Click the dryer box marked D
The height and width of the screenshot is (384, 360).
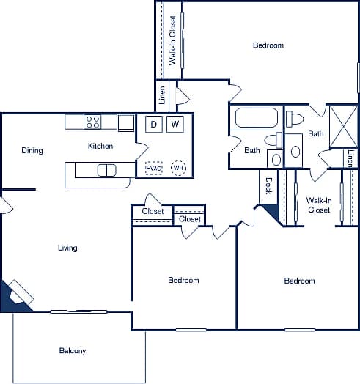(154, 124)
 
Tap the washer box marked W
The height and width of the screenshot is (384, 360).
(175, 124)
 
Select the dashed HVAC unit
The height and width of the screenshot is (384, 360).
(153, 168)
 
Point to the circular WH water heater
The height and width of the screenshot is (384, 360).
(177, 168)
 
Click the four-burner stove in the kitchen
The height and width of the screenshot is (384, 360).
(92, 122)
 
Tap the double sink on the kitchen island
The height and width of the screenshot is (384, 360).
(106, 171)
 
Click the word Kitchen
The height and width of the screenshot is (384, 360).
(100, 146)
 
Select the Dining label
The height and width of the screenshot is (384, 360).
(32, 151)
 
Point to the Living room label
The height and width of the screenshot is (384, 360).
(67, 248)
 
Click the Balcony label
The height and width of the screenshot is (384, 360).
(73, 351)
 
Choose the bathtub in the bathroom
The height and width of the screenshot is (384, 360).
(254, 118)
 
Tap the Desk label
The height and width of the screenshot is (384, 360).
(268, 187)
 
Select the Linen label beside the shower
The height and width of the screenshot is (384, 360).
(350, 158)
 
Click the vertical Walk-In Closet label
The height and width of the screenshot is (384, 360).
(173, 40)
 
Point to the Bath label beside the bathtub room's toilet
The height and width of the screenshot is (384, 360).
(251, 151)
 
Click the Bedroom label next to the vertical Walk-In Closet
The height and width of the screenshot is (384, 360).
(268, 45)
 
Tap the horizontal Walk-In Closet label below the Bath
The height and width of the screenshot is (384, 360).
(318, 204)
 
